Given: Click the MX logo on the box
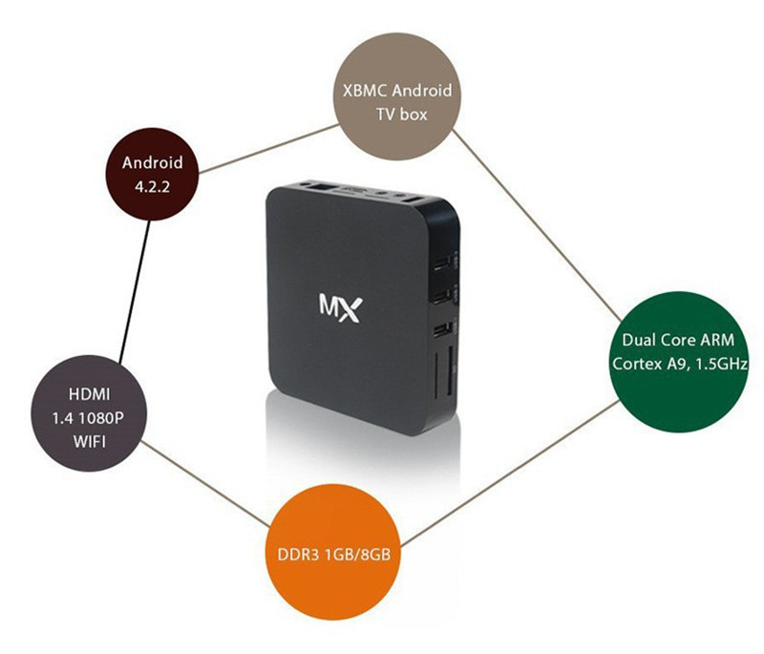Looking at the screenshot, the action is click(x=341, y=307).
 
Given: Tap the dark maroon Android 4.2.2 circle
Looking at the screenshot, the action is click(x=153, y=174).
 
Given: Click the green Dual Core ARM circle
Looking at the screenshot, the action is click(x=678, y=361).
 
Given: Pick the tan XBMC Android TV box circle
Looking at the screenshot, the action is click(x=397, y=95).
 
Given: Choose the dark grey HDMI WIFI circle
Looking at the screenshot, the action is click(x=89, y=413).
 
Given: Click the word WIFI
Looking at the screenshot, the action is click(x=90, y=441).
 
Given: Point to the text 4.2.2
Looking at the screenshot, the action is click(x=153, y=186).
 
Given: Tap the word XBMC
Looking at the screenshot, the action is click(x=365, y=91).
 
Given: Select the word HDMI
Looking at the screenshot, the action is click(x=89, y=393).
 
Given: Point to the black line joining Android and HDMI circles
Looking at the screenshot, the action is click(x=135, y=291).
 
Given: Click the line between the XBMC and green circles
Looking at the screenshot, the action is click(x=537, y=225).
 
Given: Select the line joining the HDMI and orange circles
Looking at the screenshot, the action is click(x=205, y=483).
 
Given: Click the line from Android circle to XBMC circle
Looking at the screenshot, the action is click(x=268, y=149).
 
